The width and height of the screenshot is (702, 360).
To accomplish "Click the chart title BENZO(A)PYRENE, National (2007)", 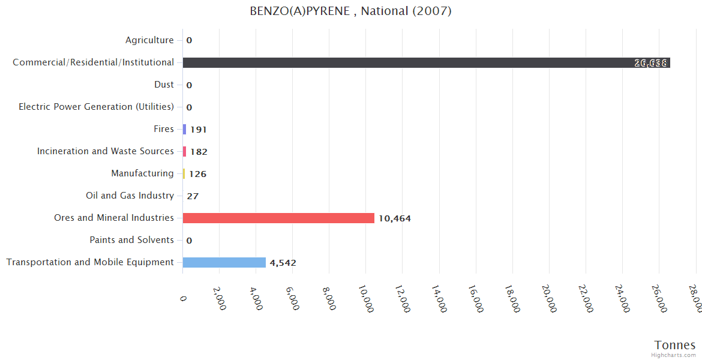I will point(350,11).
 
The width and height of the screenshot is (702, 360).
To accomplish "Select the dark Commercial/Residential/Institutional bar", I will point(426,62).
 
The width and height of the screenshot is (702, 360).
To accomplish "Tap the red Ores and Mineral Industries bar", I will point(278,218).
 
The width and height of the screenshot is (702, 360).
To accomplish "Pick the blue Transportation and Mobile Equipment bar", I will point(224,262).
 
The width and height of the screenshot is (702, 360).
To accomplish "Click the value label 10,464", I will point(394,218).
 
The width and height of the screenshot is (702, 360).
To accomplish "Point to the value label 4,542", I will point(283,263).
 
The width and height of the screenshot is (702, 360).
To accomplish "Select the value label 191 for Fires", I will point(198,130).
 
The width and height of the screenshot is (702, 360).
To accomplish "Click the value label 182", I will point(199,152).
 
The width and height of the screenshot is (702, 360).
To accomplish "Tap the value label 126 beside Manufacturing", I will point(197,174).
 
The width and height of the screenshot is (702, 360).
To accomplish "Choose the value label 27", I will point(193,196).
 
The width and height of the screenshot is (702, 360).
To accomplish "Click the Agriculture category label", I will point(149,40).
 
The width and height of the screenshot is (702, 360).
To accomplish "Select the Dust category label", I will point(164,85).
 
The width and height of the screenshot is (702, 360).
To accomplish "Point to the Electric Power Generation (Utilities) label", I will point(96,107).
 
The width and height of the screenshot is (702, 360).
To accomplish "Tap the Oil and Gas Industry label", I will point(130,196).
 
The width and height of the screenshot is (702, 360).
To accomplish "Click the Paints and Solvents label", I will point(131,240).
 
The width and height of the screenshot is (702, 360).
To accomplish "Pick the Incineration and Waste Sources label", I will point(106,151).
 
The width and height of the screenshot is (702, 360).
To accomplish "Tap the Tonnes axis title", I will point(674,345).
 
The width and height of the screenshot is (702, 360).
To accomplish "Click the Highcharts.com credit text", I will point(673,355).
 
